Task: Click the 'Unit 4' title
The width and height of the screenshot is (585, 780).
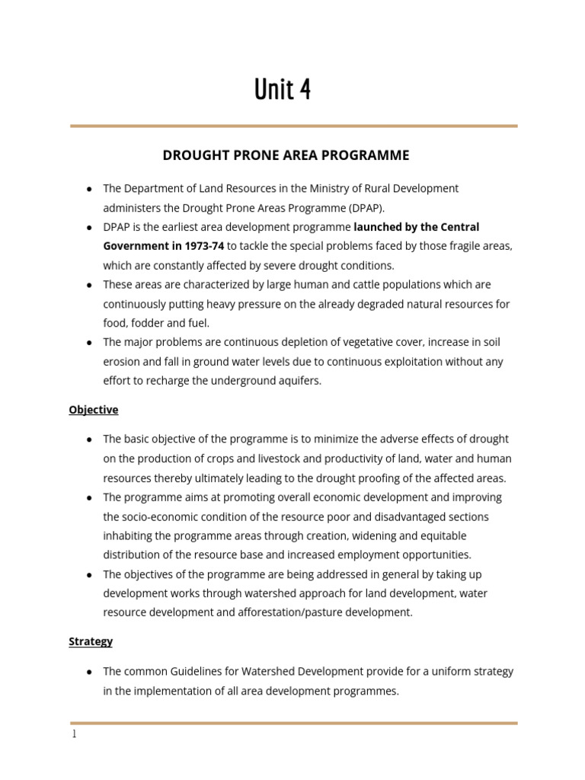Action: point(283,89)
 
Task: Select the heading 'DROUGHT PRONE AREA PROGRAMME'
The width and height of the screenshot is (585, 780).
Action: point(286,155)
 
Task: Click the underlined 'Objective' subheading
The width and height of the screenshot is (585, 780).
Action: point(93,410)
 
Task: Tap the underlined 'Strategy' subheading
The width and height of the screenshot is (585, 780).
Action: point(91,641)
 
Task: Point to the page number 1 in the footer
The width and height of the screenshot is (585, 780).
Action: point(74,735)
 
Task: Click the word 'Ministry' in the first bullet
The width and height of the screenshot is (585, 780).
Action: point(324,188)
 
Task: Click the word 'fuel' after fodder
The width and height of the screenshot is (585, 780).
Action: point(197,323)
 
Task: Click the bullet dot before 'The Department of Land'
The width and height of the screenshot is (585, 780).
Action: point(89,189)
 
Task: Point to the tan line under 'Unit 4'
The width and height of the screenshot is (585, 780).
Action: point(293,126)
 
